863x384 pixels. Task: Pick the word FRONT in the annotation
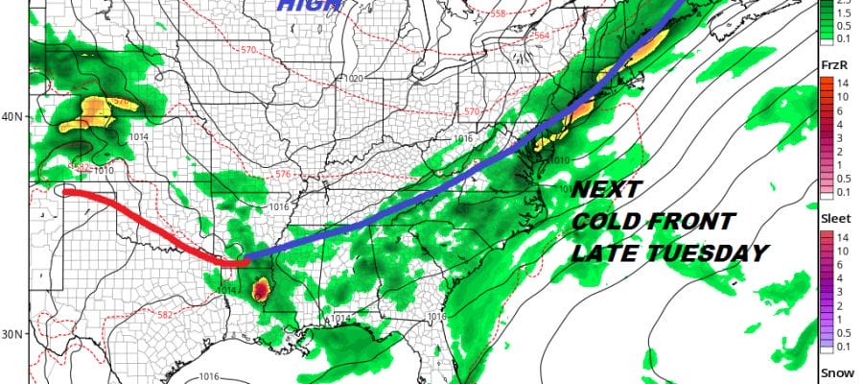pyautogui.click(x=691, y=222)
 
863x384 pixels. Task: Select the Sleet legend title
pyautogui.click(x=835, y=218)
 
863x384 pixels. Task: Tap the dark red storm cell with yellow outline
pyautogui.click(x=260, y=288)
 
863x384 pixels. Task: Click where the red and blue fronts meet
pyautogui.click(x=242, y=260)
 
